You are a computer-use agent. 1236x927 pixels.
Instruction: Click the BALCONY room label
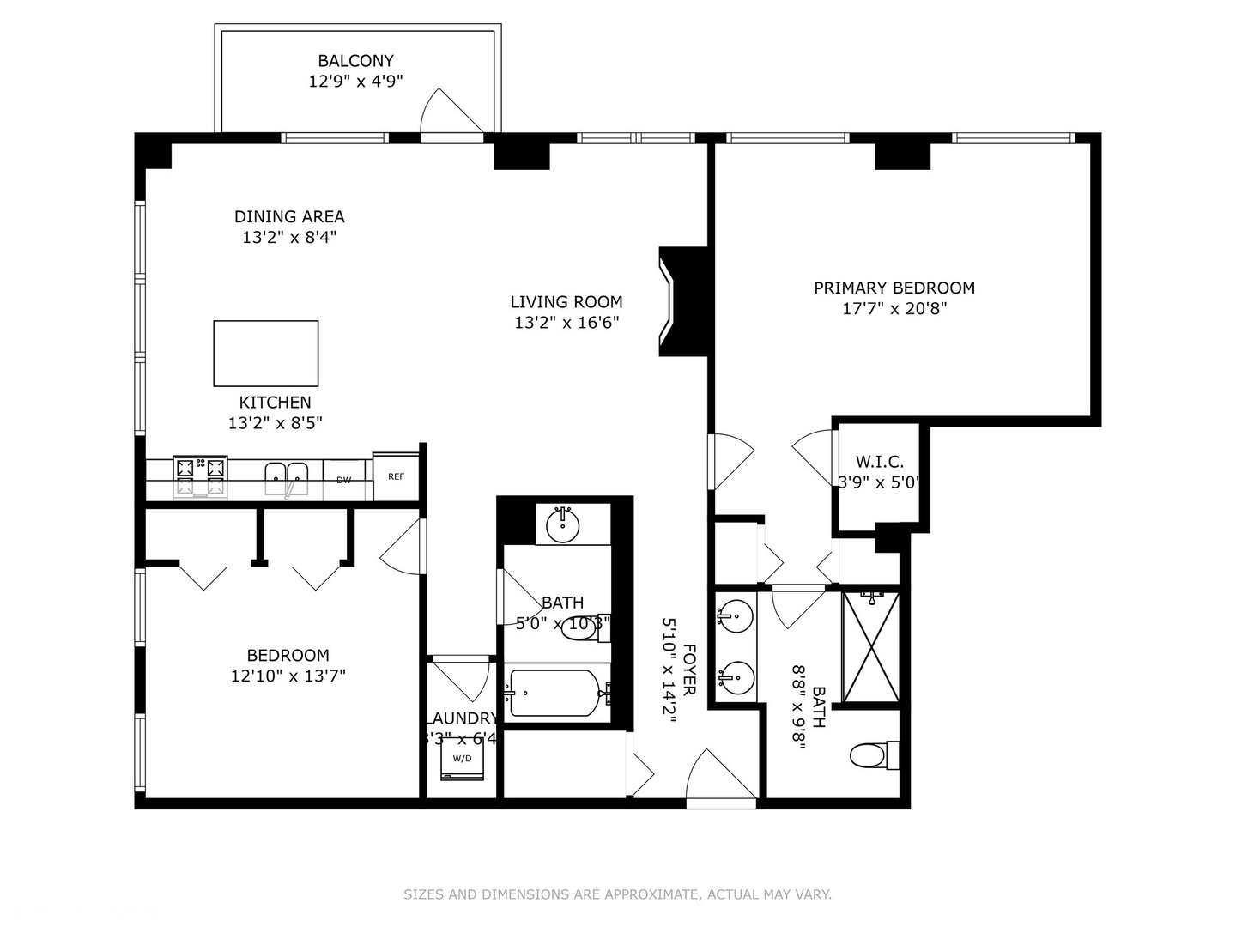pyautogui.click(x=355, y=61)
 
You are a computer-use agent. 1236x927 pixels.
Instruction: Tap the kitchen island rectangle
pyautogui.click(x=266, y=354)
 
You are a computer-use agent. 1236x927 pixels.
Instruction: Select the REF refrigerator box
pyautogui.click(x=396, y=476)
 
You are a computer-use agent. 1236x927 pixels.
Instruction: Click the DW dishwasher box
pyautogui.click(x=344, y=480)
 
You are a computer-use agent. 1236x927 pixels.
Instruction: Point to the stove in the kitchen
pyautogui.click(x=201, y=476)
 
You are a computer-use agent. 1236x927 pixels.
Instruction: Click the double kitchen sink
pyautogui.click(x=286, y=476)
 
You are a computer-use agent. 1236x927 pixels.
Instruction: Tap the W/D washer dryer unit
pyautogui.click(x=463, y=759)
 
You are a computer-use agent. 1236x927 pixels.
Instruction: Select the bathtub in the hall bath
pyautogui.click(x=554, y=693)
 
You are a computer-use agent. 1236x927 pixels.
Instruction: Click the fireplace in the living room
pyautogui.click(x=684, y=301)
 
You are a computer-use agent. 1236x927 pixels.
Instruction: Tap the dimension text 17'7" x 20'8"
pyautogui.click(x=894, y=309)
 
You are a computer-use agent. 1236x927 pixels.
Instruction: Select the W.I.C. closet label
pyautogui.click(x=880, y=462)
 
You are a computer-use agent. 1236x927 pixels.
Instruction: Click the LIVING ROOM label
pyautogui.click(x=566, y=302)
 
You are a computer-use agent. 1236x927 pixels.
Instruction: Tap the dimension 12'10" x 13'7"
pyautogui.click(x=288, y=676)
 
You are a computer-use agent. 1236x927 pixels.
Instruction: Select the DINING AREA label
pyautogui.click(x=289, y=217)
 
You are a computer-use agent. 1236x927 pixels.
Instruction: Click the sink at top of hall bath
pyautogui.click(x=563, y=525)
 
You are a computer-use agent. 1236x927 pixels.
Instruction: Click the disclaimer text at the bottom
pyautogui.click(x=617, y=894)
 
